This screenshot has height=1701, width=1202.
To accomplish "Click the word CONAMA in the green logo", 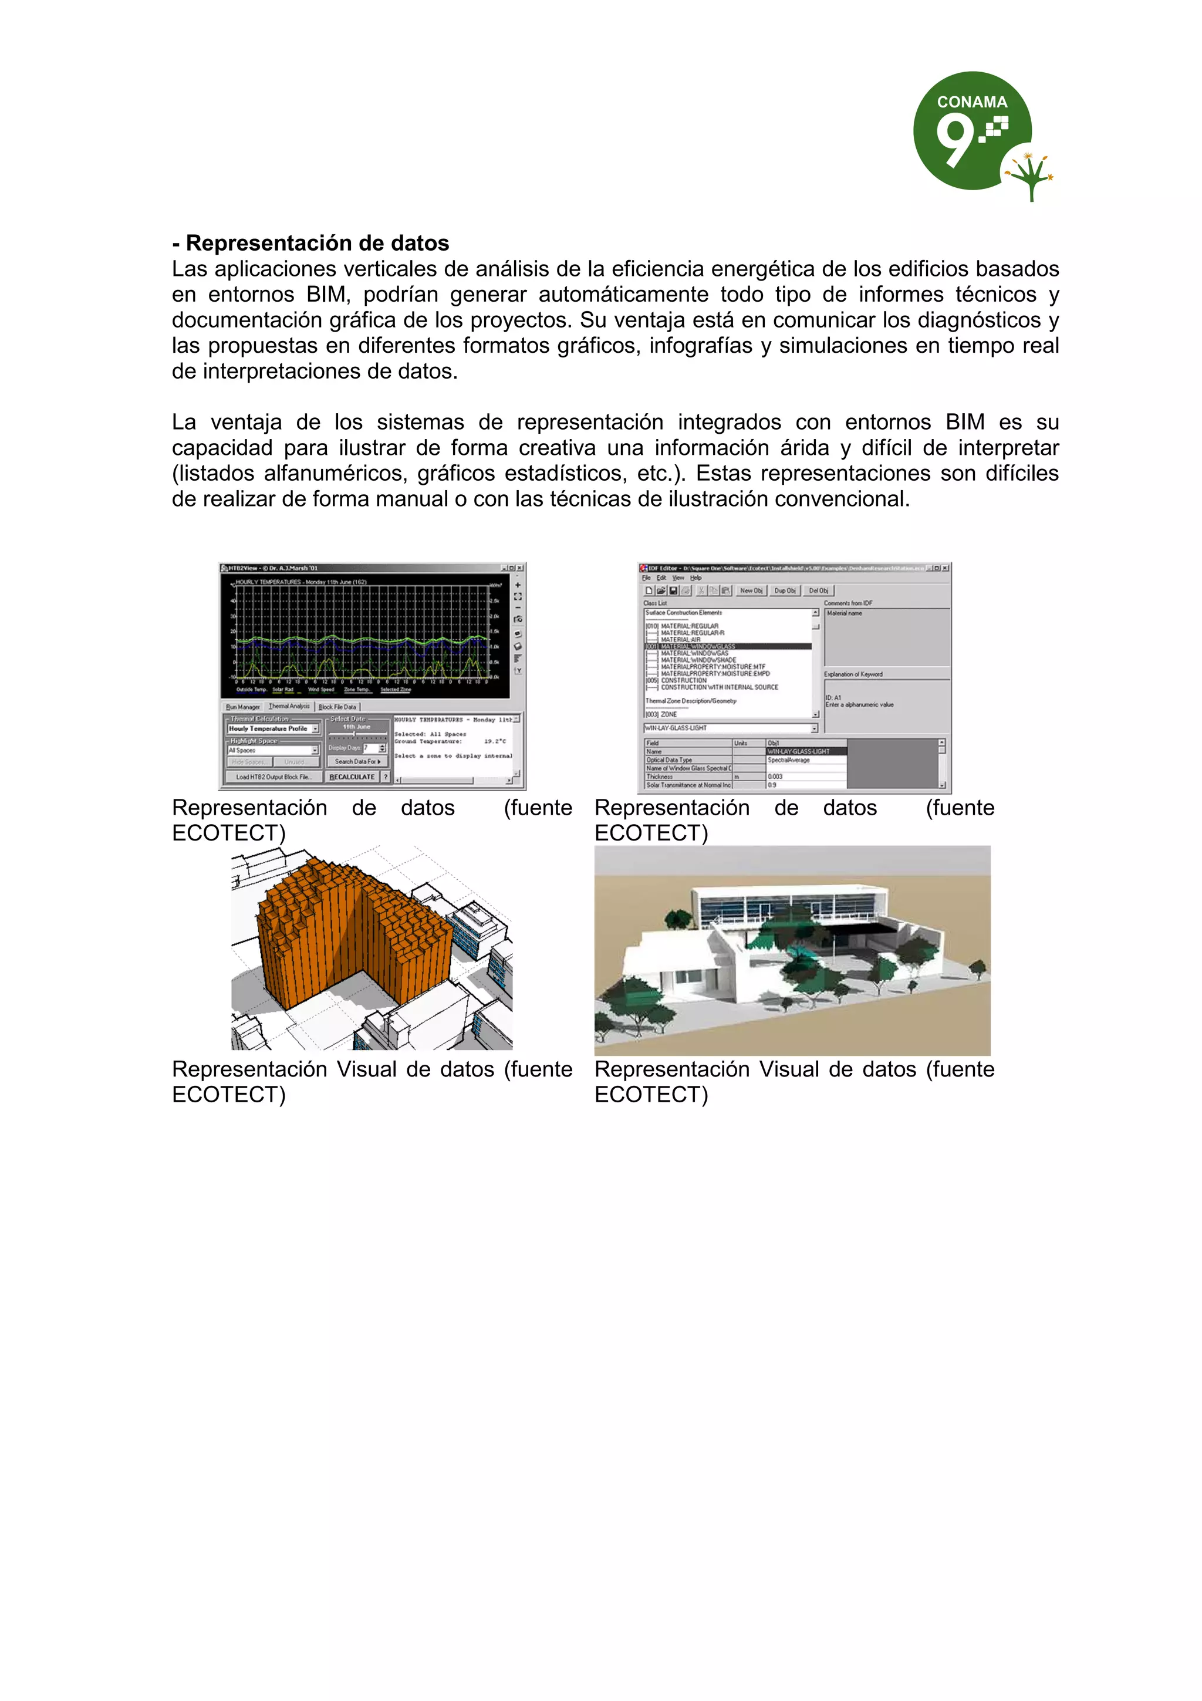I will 972,102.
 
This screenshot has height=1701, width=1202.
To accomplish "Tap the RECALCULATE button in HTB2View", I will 352,777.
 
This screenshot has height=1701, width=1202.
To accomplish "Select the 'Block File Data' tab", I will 337,707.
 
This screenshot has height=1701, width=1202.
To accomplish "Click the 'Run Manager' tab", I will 243,707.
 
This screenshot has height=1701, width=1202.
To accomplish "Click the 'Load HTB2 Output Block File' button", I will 272,777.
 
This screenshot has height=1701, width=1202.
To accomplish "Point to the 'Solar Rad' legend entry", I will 283,689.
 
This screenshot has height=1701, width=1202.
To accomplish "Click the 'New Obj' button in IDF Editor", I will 751,590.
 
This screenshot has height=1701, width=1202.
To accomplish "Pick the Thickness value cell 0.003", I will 775,777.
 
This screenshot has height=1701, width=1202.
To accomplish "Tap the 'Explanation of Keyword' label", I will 853,674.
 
